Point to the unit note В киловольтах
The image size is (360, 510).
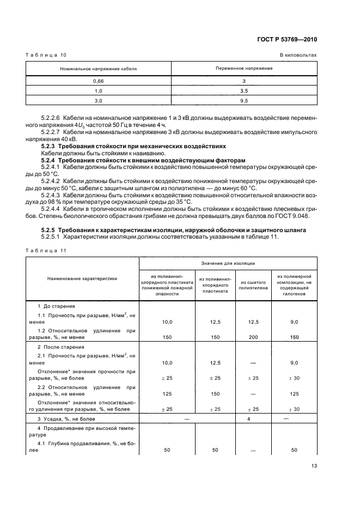tap(298, 55)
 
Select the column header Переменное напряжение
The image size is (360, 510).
tap(243, 69)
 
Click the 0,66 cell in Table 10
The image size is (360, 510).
tap(99, 81)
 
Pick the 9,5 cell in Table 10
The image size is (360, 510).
tap(243, 100)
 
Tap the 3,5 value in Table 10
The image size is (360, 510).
tap(243, 90)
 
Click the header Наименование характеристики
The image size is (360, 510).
tap(83, 278)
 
